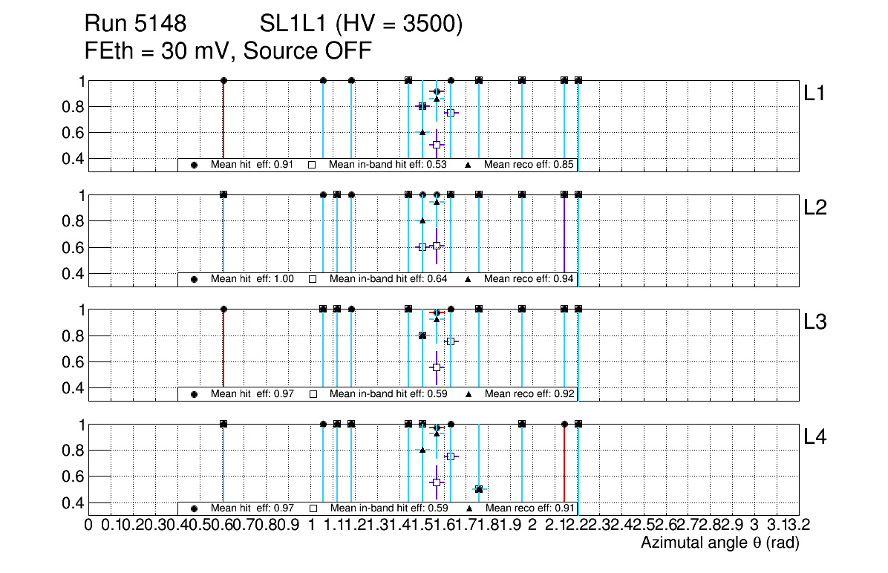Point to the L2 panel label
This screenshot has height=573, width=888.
point(815,208)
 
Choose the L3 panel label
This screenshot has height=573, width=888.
point(815,322)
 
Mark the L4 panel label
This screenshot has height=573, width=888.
point(815,437)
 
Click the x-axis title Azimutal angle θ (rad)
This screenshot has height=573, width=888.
point(719,543)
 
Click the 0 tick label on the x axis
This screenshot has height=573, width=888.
point(88,525)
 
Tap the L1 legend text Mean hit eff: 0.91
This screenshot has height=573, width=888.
point(252,165)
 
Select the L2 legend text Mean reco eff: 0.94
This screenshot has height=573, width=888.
point(529,279)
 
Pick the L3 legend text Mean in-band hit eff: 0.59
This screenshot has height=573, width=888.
point(388,393)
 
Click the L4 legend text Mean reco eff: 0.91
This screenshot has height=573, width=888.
point(529,508)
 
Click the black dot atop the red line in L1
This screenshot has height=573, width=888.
point(223,80)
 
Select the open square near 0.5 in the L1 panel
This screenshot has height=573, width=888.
point(437,144)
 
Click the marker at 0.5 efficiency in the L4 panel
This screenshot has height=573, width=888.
point(479,489)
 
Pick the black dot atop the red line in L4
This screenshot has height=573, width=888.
point(564,424)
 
